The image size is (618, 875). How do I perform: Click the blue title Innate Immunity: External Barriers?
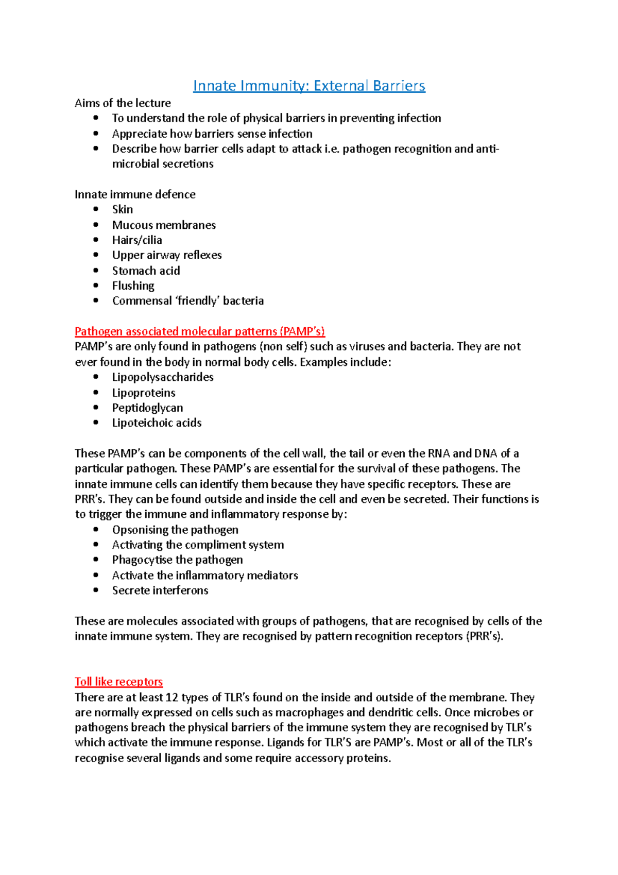point(309,86)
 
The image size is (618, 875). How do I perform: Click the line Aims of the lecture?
point(123,103)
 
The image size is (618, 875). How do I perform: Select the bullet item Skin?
point(123,210)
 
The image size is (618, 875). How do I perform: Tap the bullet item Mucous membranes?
point(164,225)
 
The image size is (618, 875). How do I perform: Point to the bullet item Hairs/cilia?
point(137,240)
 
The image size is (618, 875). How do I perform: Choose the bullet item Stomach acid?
point(146,271)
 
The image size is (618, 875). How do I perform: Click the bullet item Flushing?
point(133,286)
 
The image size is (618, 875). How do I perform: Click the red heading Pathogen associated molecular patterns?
point(200,331)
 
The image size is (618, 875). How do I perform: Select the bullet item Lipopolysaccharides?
point(163,377)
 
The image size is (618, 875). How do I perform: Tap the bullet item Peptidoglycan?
point(147,408)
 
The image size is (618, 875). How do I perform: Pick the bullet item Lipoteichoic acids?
point(157,423)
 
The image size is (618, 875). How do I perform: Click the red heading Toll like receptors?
point(118,682)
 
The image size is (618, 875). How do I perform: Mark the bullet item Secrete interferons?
point(160,591)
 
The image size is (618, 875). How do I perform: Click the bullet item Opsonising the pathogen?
point(175,530)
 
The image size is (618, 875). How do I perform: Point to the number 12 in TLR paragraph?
point(171,698)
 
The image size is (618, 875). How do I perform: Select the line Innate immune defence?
point(135,194)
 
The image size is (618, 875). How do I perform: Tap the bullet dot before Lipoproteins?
point(96,392)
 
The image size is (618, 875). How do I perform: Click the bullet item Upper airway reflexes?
point(167,255)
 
